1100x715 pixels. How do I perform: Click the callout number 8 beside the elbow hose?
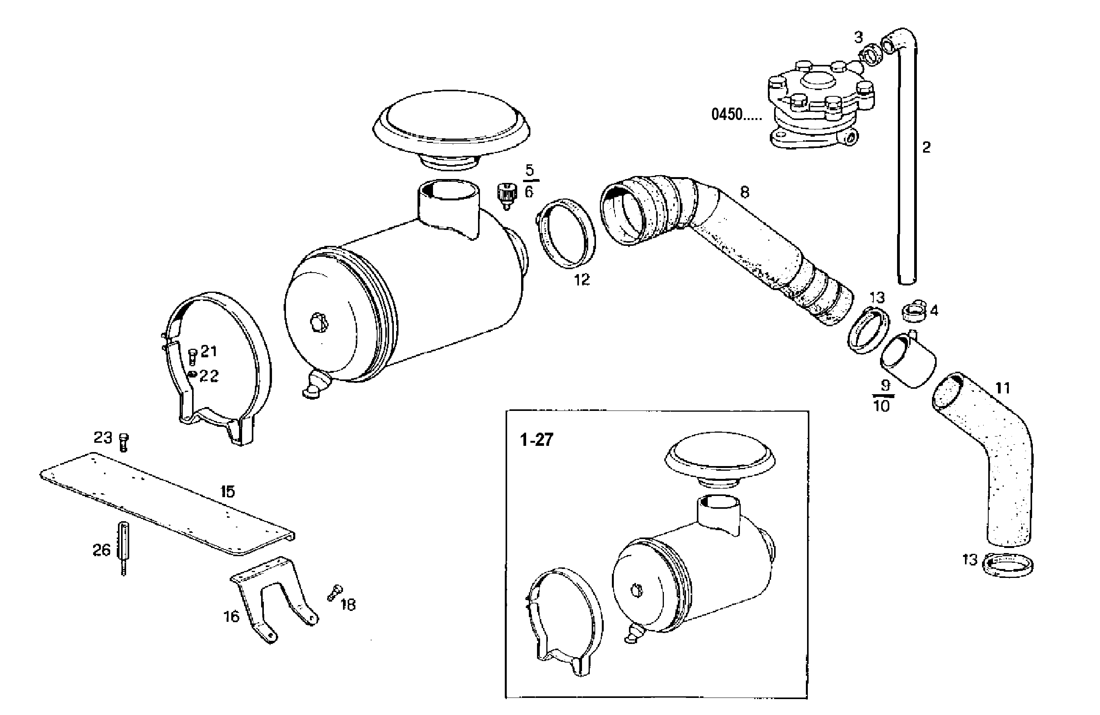pyautogui.click(x=744, y=192)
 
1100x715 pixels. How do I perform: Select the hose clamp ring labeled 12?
pyautogui.click(x=566, y=233)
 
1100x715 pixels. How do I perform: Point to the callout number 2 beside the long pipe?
pyautogui.click(x=926, y=148)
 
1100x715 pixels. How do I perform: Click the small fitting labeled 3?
pyautogui.click(x=870, y=55)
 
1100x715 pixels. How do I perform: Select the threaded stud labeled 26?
pyautogui.click(x=124, y=548)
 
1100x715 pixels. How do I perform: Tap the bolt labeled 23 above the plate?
pyautogui.click(x=123, y=442)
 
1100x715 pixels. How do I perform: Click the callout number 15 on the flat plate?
pyautogui.click(x=227, y=492)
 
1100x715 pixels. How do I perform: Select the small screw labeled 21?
pyautogui.click(x=193, y=356)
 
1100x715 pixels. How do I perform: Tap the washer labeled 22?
pyautogui.click(x=193, y=374)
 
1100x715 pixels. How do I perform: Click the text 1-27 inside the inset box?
pyautogui.click(x=536, y=440)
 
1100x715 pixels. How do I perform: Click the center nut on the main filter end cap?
pyautogui.click(x=318, y=322)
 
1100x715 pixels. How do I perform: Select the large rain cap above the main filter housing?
pyautogui.click(x=451, y=123)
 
